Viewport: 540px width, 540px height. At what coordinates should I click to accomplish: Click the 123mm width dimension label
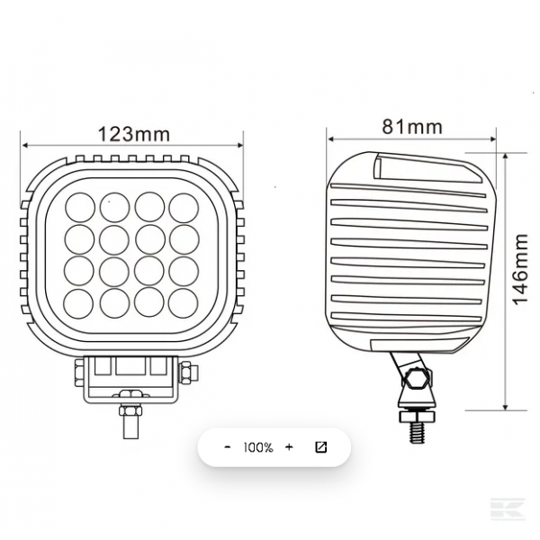tap(134, 134)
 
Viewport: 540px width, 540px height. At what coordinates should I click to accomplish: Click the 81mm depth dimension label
tap(412, 126)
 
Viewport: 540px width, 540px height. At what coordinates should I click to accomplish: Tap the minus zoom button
tap(228, 447)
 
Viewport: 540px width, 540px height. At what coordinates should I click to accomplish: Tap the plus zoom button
tap(289, 447)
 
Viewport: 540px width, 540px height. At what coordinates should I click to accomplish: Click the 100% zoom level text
tap(258, 447)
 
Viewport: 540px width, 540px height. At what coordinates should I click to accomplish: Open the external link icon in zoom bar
tap(321, 447)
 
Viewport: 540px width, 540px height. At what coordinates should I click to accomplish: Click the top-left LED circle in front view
tap(80, 207)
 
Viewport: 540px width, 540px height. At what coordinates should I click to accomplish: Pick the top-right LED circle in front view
tap(184, 208)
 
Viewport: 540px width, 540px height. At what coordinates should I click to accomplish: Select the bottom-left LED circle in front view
tap(78, 304)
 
